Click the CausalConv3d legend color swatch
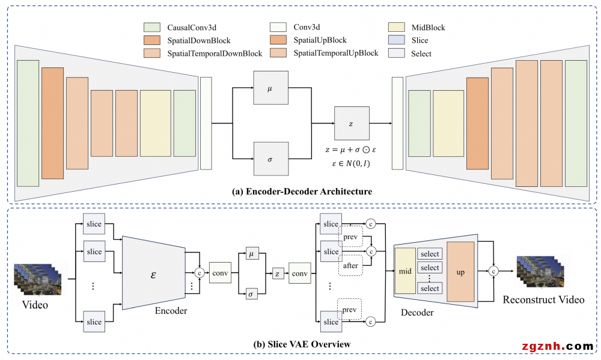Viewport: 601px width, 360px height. tap(152, 28)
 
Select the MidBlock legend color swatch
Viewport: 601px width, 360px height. tap(398, 28)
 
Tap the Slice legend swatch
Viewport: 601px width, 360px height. tap(398, 40)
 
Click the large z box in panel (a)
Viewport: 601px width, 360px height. tap(352, 123)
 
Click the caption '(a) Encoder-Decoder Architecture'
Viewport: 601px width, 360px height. tap(302, 192)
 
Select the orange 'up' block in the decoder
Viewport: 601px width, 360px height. tap(460, 272)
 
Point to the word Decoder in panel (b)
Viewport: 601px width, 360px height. tap(417, 313)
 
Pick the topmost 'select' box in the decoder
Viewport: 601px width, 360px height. tap(430, 254)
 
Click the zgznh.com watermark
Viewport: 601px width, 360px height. tap(558, 346)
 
